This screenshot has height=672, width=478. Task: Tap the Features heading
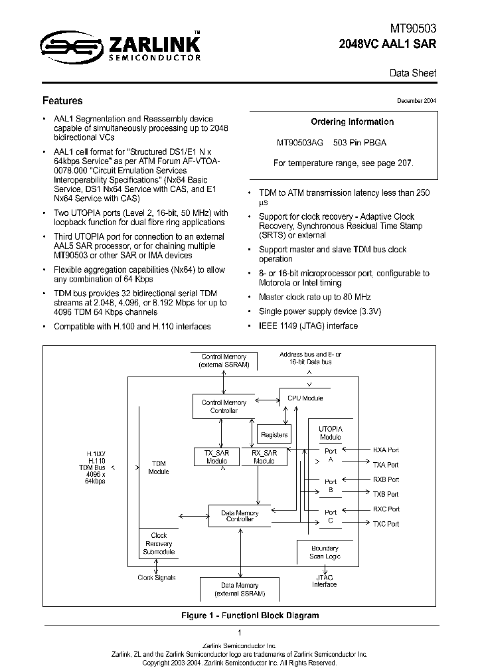[62, 101]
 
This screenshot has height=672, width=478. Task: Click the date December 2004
[416, 100]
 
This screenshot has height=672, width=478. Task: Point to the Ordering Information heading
[352, 122]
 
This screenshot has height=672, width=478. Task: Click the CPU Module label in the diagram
[305, 398]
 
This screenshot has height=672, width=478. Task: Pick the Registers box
[274, 435]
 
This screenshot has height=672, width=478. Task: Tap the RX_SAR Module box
[264, 456]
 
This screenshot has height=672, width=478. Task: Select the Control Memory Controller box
[224, 406]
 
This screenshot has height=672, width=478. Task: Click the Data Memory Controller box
[240, 516]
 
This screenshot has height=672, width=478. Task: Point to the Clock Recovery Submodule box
[159, 543]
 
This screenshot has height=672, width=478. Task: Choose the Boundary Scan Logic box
[324, 552]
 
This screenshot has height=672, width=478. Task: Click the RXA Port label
[386, 450]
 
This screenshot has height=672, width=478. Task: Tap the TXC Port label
[386, 524]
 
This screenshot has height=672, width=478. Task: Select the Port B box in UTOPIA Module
[330, 486]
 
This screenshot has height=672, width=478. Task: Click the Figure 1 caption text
[250, 616]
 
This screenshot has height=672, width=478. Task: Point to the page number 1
[239, 633]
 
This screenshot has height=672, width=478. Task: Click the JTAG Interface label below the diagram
[324, 581]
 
